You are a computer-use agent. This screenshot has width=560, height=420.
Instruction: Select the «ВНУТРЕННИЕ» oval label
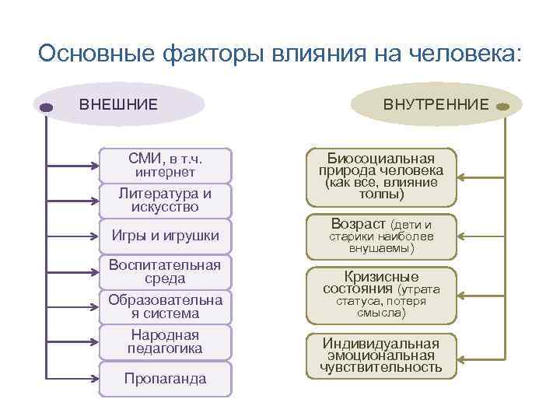[436, 104]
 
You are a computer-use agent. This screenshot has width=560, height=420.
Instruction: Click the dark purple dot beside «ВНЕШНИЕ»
[45, 107]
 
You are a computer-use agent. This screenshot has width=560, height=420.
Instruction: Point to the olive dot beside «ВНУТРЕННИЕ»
[502, 107]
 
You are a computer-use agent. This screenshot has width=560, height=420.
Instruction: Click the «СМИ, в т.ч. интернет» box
[166, 165]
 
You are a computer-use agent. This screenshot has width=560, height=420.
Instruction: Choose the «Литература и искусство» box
[166, 200]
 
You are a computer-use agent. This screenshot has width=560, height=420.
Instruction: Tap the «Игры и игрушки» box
[166, 236]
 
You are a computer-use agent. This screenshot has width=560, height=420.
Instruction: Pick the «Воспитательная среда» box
[166, 271]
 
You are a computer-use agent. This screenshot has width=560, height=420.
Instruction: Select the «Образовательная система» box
[166, 306]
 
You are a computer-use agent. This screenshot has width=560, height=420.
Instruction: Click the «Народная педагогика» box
[166, 341]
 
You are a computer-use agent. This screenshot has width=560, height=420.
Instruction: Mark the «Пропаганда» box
[166, 379]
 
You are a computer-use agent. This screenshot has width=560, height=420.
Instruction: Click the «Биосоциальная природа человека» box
[380, 177]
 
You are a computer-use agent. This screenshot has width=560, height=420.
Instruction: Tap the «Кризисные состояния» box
[380, 295]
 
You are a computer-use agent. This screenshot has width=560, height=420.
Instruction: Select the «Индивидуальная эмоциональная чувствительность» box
[380, 355]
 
